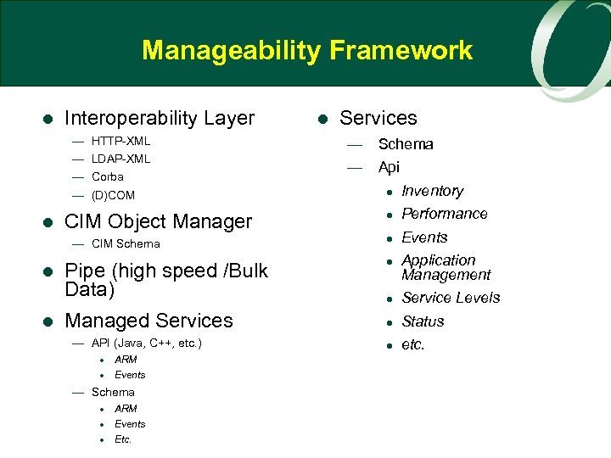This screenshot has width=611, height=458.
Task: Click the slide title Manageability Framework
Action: [306, 51]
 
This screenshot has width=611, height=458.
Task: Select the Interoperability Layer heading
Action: [160, 119]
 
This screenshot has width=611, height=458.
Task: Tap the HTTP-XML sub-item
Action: [121, 141]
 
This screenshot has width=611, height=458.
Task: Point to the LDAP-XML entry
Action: [121, 159]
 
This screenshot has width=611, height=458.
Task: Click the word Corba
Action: [108, 176]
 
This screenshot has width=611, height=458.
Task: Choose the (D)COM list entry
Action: [113, 195]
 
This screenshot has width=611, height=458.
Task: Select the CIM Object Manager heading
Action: [158, 222]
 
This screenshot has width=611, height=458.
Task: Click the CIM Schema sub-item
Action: [125, 244]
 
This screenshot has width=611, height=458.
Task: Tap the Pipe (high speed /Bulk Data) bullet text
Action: [165, 280]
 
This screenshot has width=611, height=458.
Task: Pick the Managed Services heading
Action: [149, 321]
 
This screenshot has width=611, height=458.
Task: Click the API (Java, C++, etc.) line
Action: [146, 343]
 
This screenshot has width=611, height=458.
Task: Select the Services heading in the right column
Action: [378, 119]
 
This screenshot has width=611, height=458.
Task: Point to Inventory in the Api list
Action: [432, 192]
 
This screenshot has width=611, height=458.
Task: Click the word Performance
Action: [444, 214]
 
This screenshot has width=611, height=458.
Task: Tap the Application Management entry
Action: [446, 267]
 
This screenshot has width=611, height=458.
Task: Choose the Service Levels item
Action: [451, 298]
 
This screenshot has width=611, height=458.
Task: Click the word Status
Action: [423, 321]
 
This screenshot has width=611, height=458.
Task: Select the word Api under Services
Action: [389, 167]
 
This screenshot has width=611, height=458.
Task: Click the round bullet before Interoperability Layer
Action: [48, 119]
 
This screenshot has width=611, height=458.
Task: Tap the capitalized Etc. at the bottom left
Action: [123, 439]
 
